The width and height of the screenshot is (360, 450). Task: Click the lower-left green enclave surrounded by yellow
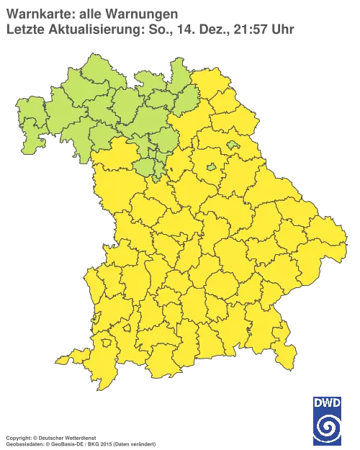coord(211,167)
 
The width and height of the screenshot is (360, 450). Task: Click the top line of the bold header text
coord(90,14)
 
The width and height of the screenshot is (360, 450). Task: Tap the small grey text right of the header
coord(234,30)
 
